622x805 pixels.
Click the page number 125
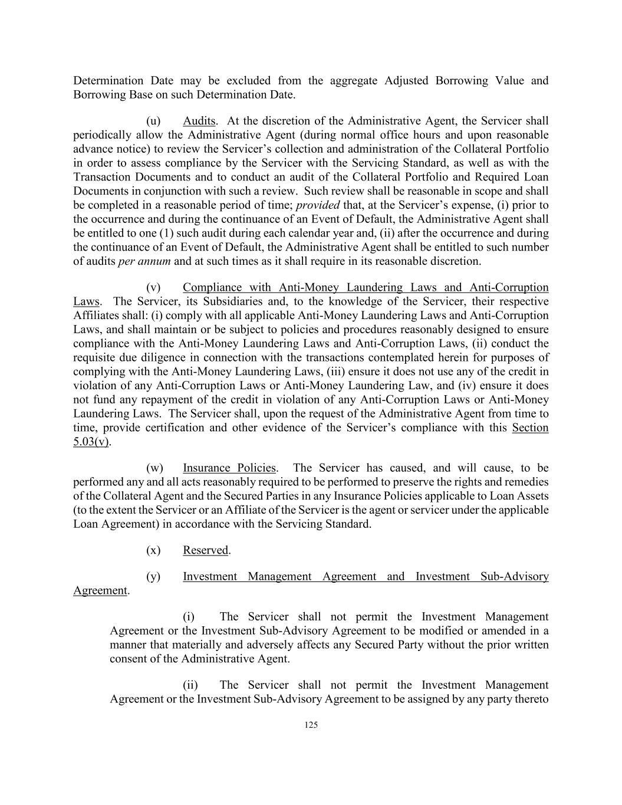[x=311, y=725]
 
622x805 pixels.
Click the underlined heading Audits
[x=199, y=121]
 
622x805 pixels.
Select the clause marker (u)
[x=153, y=121]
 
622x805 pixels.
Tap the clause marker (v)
[x=153, y=287]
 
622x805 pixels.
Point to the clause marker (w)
[x=154, y=468]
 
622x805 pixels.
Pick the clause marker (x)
[x=153, y=550]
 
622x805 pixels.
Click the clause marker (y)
[x=153, y=576]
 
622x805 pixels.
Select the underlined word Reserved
[x=205, y=550]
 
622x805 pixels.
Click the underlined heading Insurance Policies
[x=229, y=468]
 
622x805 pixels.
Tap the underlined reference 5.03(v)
[x=91, y=442]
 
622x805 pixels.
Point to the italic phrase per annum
[x=144, y=261]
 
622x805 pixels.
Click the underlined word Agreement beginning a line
[x=100, y=590]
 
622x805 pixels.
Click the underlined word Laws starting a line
[x=86, y=301]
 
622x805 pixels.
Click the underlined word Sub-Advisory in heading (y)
[x=514, y=576]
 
